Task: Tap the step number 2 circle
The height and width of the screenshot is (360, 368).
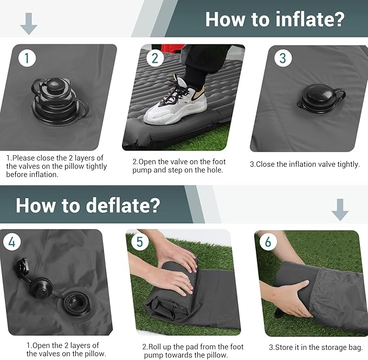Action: click(155, 58)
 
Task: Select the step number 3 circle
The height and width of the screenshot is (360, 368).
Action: click(283, 58)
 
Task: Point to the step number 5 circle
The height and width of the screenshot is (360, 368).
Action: click(140, 242)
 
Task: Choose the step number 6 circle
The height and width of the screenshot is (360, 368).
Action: click(268, 242)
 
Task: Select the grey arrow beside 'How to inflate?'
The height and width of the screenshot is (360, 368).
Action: click(28, 23)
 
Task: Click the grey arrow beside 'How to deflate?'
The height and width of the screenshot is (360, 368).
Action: click(340, 209)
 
